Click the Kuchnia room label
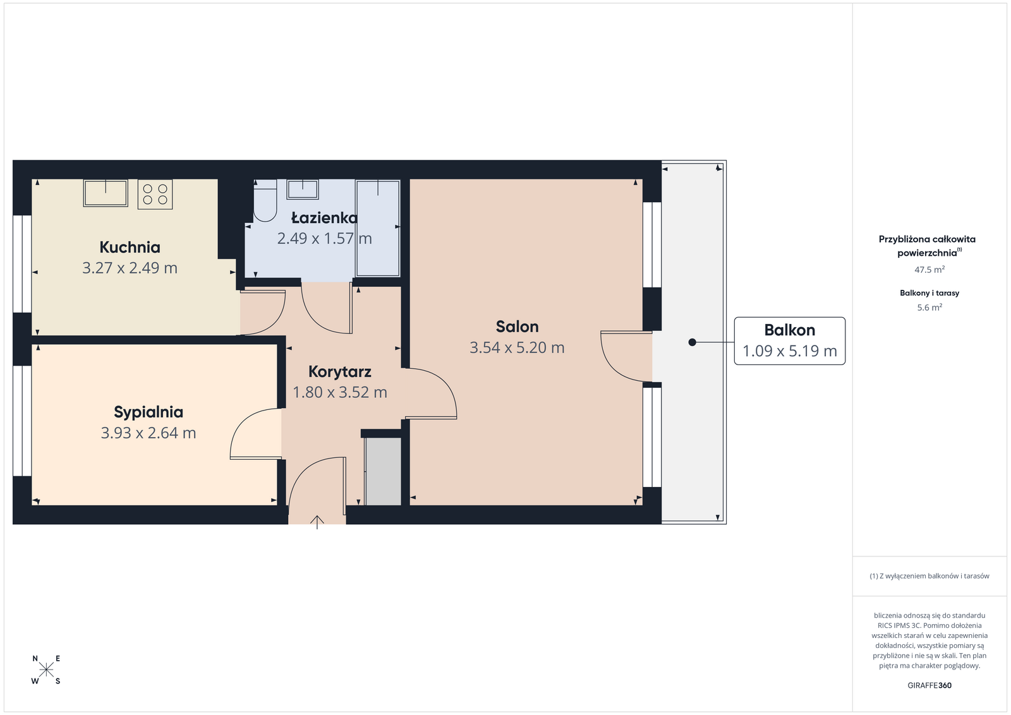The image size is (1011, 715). pos(130,247)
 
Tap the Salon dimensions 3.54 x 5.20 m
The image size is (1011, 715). pos(517,347)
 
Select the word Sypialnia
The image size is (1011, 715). pos(148,412)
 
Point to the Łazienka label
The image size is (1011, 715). pos(324,218)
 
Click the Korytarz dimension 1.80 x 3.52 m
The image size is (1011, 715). pos(340,392)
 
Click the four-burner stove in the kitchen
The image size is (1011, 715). pos(155,195)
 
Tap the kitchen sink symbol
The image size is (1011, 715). pos(106,193)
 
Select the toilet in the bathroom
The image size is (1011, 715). pos(265,201)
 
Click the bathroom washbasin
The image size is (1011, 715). pos(303,189)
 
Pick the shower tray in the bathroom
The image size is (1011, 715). pos(378,228)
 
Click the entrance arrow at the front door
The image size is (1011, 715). pos(317,522)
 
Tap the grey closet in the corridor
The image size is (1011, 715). pos(383,471)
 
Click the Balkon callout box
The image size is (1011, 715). pos(789,341)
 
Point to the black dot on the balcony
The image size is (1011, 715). pos(692,342)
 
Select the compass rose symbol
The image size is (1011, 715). pos(46,670)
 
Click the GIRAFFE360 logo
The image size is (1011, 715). pos(929,685)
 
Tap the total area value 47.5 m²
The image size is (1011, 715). pos(929,269)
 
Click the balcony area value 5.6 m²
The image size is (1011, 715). pos(929,307)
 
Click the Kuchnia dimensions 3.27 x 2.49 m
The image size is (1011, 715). pos(130,268)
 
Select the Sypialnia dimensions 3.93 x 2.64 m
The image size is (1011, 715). pos(148,433)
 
